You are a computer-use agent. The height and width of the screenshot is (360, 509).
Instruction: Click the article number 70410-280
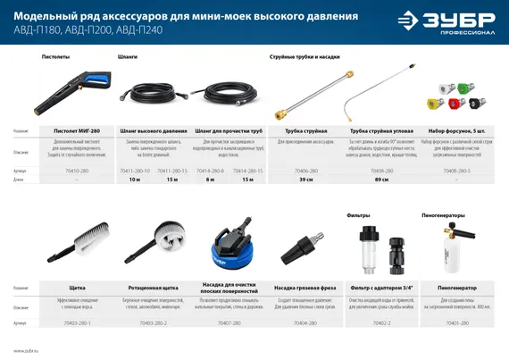78,170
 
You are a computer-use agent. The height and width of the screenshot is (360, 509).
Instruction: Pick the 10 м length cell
135,180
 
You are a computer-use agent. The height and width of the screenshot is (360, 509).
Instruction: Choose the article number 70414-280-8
210,170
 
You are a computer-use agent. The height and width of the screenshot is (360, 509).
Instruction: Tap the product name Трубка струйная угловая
381,130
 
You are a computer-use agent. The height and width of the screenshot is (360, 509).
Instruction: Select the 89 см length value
381,180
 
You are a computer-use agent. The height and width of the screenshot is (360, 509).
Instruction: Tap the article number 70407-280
229,322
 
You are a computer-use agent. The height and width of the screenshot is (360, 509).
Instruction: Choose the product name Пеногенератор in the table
457,289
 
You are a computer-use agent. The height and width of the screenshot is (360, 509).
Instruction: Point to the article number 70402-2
381,322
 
